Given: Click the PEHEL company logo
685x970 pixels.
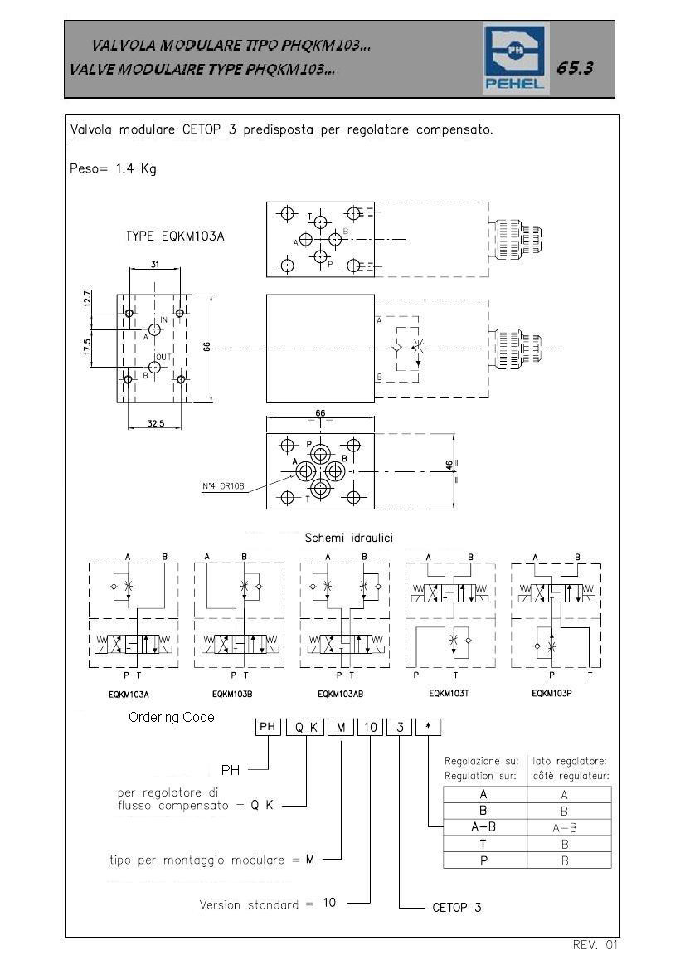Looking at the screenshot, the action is tap(515, 59).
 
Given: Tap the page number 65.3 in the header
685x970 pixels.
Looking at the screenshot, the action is tap(575, 67).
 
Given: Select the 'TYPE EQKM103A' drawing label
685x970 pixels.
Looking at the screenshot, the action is tap(175, 236).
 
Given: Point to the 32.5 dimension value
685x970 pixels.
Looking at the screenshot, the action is tap(156, 424).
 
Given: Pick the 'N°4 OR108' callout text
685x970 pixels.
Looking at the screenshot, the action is tap(223, 486).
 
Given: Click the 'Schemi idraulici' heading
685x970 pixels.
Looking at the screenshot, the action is tap(348, 538).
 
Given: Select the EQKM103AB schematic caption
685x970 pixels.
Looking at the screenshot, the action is tap(341, 694).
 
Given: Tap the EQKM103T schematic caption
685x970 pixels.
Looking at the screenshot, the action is tap(449, 694).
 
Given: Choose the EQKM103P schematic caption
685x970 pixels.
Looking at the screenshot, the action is tap(551, 694).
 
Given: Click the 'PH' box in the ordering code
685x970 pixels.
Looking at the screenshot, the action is tap(268, 727).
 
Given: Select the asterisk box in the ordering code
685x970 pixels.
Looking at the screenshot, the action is tap(428, 727).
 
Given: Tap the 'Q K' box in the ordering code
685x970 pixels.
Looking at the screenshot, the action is tap(305, 728).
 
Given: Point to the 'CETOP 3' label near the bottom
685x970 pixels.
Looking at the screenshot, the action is tap(456, 908).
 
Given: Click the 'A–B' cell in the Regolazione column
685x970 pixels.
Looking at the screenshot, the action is tap(483, 827).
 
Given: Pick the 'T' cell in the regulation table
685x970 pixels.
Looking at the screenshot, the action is tap(483, 844).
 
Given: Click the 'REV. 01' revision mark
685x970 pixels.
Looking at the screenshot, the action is tap(595, 944).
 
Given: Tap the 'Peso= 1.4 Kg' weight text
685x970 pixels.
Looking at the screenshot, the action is tap(113, 168).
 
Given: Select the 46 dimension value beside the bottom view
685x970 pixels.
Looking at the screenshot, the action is tap(449, 465).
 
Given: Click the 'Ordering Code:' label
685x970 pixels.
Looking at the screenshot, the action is tap(173, 718).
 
